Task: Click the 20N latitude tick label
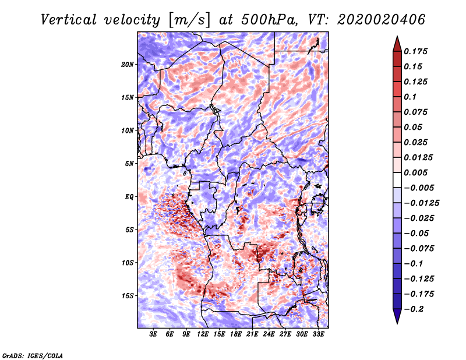click(128, 64)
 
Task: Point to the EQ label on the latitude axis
click(129, 196)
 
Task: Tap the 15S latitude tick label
click(128, 296)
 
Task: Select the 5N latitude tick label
click(129, 164)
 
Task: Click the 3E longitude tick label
click(154, 334)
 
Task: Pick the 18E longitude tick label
click(236, 334)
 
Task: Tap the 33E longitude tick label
click(318, 334)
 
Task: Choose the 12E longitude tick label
click(203, 334)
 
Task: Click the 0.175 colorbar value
click(416, 51)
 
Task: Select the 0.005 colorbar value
click(416, 172)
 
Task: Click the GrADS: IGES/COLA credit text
click(32, 355)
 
